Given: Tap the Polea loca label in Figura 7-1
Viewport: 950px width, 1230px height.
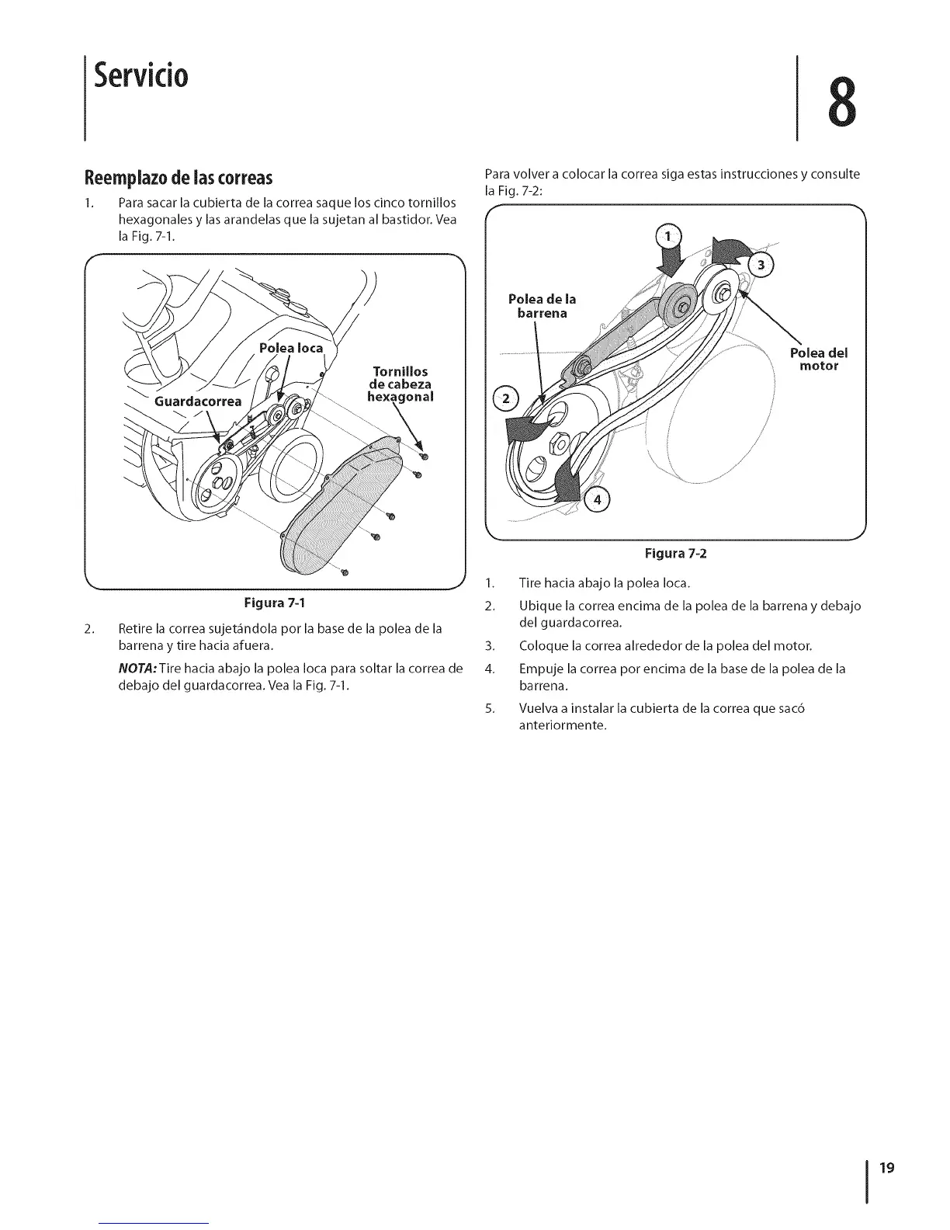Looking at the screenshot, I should [x=291, y=348].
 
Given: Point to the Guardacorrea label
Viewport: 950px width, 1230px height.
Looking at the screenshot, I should [x=198, y=401].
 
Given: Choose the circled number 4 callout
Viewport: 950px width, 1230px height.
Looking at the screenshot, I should [x=597, y=499].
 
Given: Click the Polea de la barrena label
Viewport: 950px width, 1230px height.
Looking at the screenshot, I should [x=542, y=307].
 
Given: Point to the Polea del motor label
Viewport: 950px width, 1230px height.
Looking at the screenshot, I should [x=819, y=359].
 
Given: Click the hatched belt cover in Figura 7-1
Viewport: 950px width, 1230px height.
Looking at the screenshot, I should [x=334, y=505].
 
